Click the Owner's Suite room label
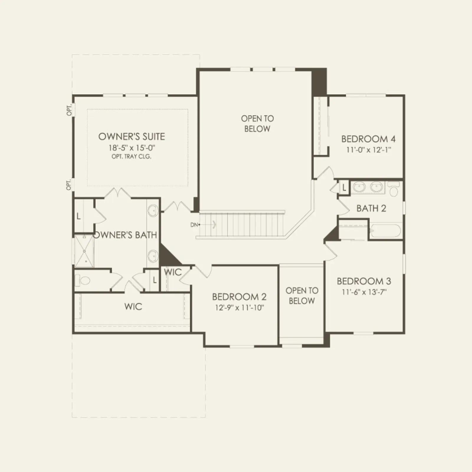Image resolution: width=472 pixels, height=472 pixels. coord(132,137)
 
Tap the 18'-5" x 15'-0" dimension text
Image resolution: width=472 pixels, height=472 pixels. coord(132,148)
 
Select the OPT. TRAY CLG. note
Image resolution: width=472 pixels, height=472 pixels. coord(132,157)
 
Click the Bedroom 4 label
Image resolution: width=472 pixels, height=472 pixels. coord(368,139)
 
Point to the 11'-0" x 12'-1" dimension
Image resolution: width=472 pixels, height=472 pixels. coord(368,150)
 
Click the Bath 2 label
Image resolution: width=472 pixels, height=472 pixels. coord(371,208)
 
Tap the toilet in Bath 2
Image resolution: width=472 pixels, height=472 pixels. coord(394,189)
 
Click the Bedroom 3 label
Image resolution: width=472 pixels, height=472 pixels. coord(364,281)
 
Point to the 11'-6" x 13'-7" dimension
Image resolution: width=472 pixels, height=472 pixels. coord(364,292)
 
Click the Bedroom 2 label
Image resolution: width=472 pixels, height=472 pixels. coord(239,296)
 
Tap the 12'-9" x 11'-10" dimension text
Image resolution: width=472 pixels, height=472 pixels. coord(239,308)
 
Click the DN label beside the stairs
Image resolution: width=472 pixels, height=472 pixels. coord(194,225)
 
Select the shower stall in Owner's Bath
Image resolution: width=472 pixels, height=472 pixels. coord(84,251)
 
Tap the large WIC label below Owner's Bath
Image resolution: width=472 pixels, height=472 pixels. coord(133,307)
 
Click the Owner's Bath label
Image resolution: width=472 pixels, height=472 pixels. coord(125,235)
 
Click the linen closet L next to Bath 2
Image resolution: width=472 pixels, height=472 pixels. coord(344,187)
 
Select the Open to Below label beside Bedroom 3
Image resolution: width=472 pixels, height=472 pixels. coord(302,296)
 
